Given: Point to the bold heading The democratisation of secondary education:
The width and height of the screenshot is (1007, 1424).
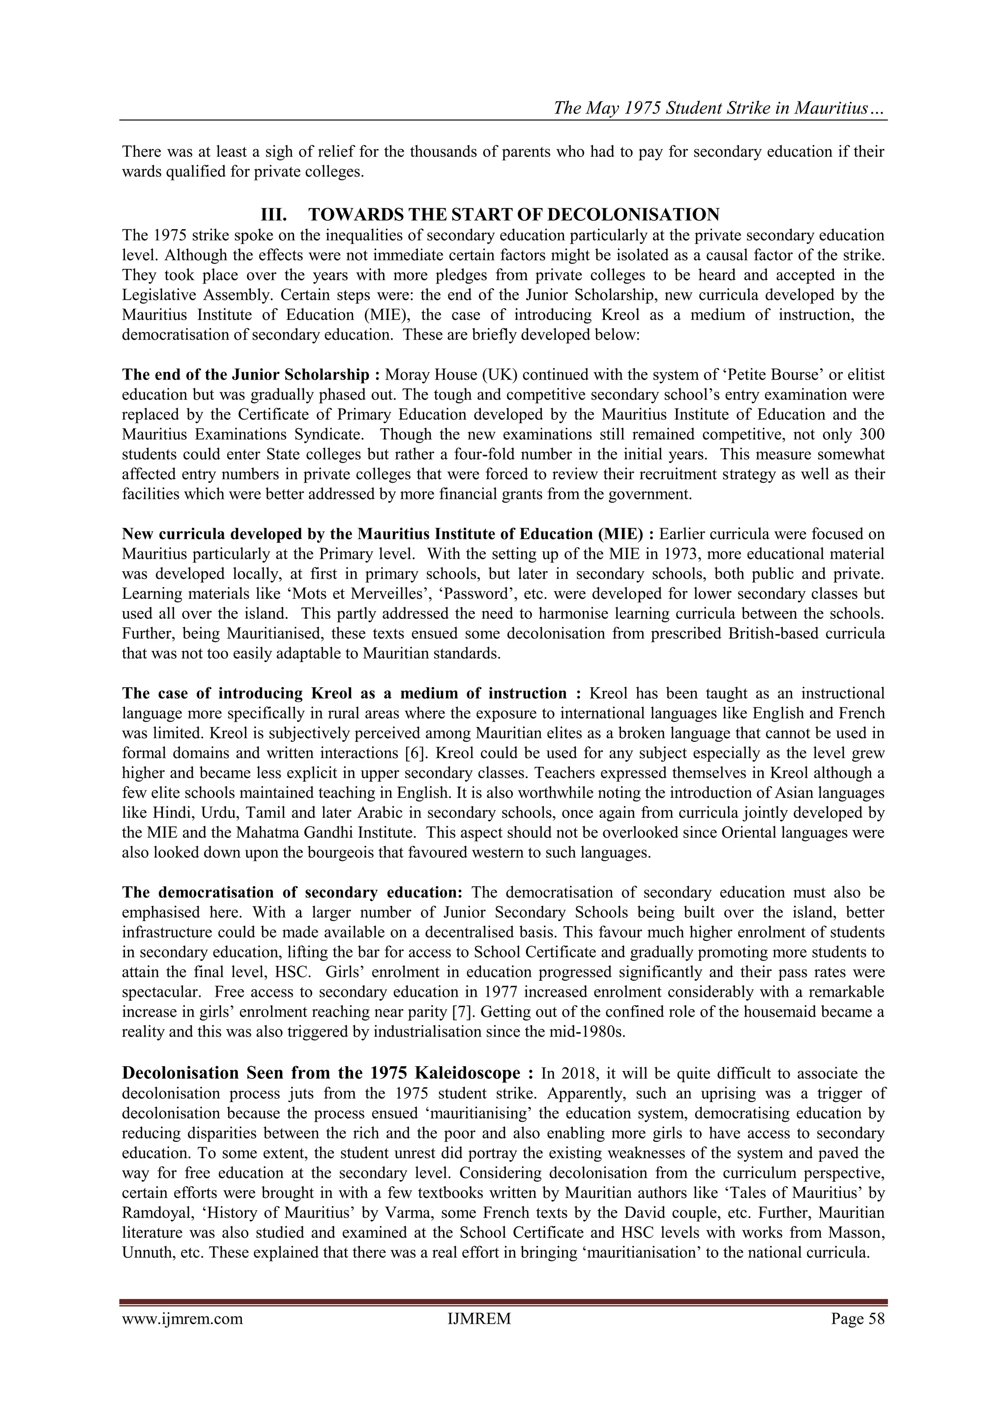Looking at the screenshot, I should (x=292, y=893).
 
